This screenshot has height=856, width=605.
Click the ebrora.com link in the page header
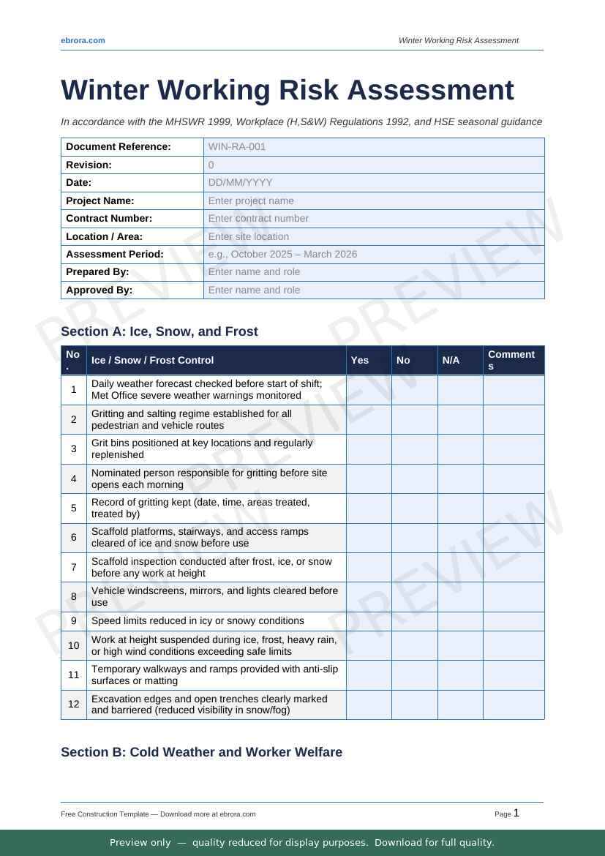point(83,40)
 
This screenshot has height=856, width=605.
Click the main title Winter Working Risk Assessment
point(288,90)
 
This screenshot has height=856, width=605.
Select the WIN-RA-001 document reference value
point(237,146)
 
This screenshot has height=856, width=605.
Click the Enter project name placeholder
point(251,200)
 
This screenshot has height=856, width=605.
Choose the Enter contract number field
point(258,218)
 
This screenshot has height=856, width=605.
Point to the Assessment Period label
point(115,254)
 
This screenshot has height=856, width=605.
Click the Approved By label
point(99,290)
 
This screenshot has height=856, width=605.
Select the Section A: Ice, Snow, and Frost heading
point(159,331)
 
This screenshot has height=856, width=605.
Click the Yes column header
point(360,360)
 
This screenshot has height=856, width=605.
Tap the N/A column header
point(451,360)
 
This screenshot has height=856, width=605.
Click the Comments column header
point(511,360)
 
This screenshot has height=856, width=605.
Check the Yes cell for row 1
point(369,390)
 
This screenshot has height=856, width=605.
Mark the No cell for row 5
point(414,508)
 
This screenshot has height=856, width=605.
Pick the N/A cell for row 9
point(460,621)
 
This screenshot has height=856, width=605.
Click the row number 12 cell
point(74,705)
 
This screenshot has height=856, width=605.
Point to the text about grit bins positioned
point(202,448)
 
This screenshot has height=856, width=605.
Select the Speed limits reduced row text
point(198,621)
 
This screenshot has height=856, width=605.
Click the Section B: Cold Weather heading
point(201,752)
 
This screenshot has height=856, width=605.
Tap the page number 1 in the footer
point(516,813)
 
